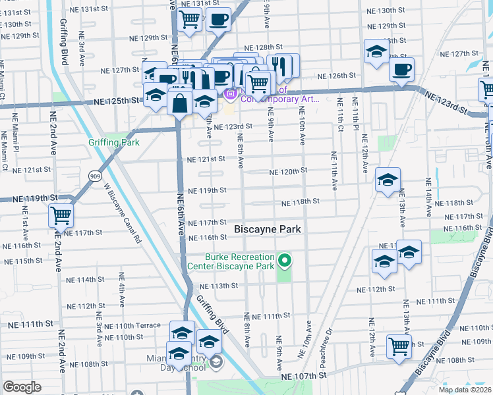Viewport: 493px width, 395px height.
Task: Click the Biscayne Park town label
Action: tap(268, 228)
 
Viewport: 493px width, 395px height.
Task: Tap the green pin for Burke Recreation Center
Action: tap(285, 261)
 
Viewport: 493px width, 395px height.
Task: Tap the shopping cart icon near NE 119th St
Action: tap(61, 215)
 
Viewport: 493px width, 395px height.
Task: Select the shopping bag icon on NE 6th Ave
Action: tap(179, 103)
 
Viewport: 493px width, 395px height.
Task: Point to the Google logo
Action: tap(22, 387)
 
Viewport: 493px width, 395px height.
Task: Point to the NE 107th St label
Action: tap(304, 375)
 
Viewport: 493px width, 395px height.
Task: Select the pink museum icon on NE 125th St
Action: tap(230, 95)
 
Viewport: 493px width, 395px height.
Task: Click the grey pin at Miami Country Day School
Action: tap(216, 362)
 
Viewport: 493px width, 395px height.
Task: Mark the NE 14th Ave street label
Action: tap(428, 197)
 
